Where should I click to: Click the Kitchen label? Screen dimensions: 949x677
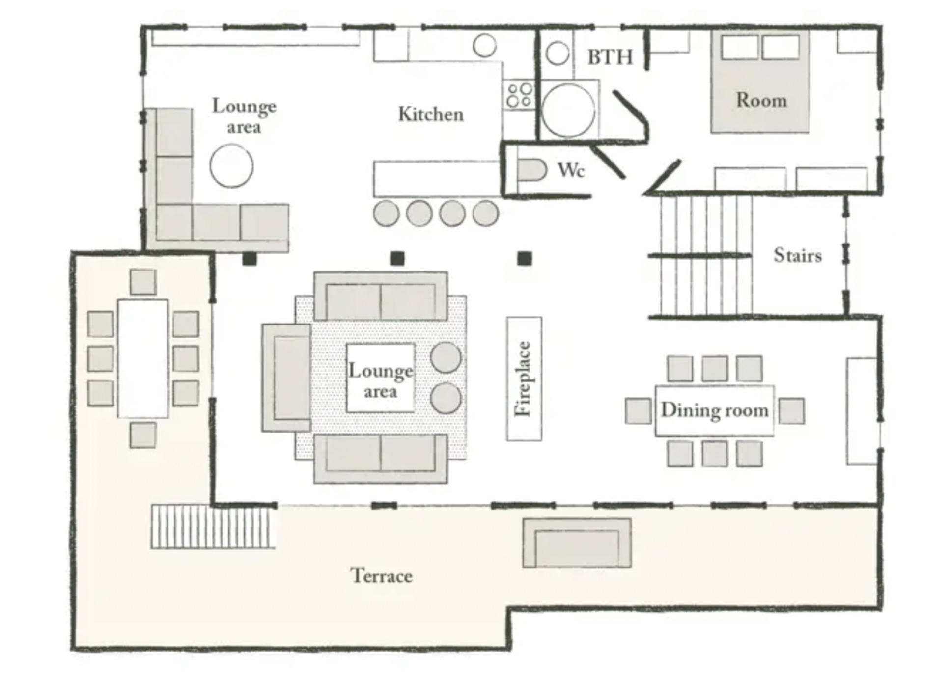[431, 114]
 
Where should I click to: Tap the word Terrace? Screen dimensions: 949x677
[382, 575]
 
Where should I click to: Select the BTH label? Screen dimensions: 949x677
[610, 57]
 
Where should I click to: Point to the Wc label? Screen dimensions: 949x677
[571, 170]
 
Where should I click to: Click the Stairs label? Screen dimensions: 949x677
[798, 255]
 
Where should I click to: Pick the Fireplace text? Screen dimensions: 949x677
[524, 379]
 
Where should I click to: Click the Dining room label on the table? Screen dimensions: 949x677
[715, 410]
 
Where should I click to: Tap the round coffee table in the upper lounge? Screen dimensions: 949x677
[231, 166]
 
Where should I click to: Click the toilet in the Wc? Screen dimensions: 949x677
[531, 170]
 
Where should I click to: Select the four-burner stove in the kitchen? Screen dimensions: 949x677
[519, 95]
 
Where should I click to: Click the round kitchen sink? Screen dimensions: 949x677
[485, 45]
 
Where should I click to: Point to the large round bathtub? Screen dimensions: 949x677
[568, 110]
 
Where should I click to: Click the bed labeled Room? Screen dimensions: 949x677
[760, 81]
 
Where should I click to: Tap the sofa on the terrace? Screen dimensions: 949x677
[577, 542]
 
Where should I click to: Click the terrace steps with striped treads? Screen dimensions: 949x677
[213, 526]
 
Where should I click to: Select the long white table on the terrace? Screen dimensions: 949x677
[143, 358]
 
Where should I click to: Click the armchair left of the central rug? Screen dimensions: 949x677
[286, 378]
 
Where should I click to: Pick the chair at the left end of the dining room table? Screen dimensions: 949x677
[638, 410]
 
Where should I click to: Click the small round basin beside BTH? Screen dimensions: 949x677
[557, 53]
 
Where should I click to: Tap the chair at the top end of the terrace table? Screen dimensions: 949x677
[143, 282]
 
